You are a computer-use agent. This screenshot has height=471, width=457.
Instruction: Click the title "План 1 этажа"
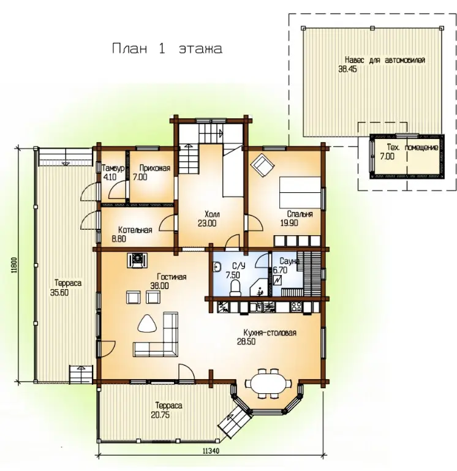[x=167, y=48]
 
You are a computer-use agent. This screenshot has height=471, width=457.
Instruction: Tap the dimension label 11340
[x=211, y=451]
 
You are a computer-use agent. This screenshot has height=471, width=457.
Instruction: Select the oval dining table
[x=268, y=383]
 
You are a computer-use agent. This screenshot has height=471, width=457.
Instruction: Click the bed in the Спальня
[x=300, y=192]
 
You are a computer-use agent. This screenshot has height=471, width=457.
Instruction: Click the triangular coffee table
[x=147, y=323]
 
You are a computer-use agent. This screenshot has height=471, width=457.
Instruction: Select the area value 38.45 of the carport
[x=347, y=69]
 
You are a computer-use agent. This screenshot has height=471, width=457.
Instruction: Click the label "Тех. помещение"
[x=412, y=148]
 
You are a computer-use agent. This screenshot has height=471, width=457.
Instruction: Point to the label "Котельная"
[x=135, y=230]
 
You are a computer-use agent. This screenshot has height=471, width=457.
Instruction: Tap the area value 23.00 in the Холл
[x=207, y=223]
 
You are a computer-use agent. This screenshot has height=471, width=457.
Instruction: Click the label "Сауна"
[x=289, y=261]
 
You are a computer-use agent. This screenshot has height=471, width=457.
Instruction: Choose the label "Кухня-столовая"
[x=270, y=333]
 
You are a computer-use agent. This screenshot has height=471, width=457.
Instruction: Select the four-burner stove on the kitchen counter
[x=296, y=307]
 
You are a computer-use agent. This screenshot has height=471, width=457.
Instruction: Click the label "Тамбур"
[x=113, y=168]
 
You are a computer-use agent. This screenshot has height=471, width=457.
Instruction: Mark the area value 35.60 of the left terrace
[x=59, y=292]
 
